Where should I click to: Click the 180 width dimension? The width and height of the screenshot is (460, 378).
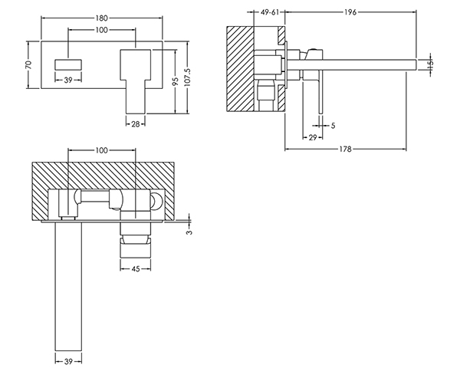click(x=101, y=18)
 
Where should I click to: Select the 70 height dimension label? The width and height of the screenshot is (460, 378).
click(x=28, y=64)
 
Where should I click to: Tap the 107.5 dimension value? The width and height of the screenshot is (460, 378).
click(x=188, y=77)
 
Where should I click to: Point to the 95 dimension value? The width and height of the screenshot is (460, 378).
click(x=175, y=81)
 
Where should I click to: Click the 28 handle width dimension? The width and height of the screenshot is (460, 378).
click(x=135, y=124)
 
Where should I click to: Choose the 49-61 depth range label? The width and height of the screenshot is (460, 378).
click(x=270, y=12)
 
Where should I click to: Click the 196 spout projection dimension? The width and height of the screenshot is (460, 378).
click(x=350, y=12)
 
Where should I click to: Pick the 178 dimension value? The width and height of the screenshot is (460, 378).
click(x=345, y=150)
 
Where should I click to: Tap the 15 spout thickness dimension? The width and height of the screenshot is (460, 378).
click(x=430, y=64)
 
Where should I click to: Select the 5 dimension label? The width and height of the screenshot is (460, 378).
click(x=333, y=126)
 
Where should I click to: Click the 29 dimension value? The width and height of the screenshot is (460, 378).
click(x=313, y=137)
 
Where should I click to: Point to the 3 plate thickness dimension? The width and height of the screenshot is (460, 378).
click(x=190, y=232)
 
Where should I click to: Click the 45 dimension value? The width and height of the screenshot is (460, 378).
click(x=135, y=269)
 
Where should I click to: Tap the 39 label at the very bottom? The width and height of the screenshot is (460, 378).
click(x=68, y=362)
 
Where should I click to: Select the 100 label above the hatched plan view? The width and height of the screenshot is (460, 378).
click(x=101, y=150)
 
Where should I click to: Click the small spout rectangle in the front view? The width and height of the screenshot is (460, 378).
click(x=68, y=65)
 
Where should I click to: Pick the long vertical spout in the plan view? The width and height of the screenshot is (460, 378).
click(x=68, y=286)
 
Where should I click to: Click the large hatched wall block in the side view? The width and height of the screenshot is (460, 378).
click(x=240, y=69)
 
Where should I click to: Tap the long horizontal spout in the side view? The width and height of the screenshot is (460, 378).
click(x=351, y=64)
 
